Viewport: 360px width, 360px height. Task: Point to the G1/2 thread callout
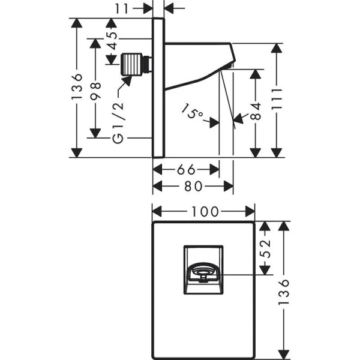click(118, 123)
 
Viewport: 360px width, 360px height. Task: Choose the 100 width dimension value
click(204, 211)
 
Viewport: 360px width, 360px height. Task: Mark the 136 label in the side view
click(75, 88)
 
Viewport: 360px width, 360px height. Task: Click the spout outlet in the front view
click(203, 275)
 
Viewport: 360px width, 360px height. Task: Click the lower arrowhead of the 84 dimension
click(256, 153)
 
